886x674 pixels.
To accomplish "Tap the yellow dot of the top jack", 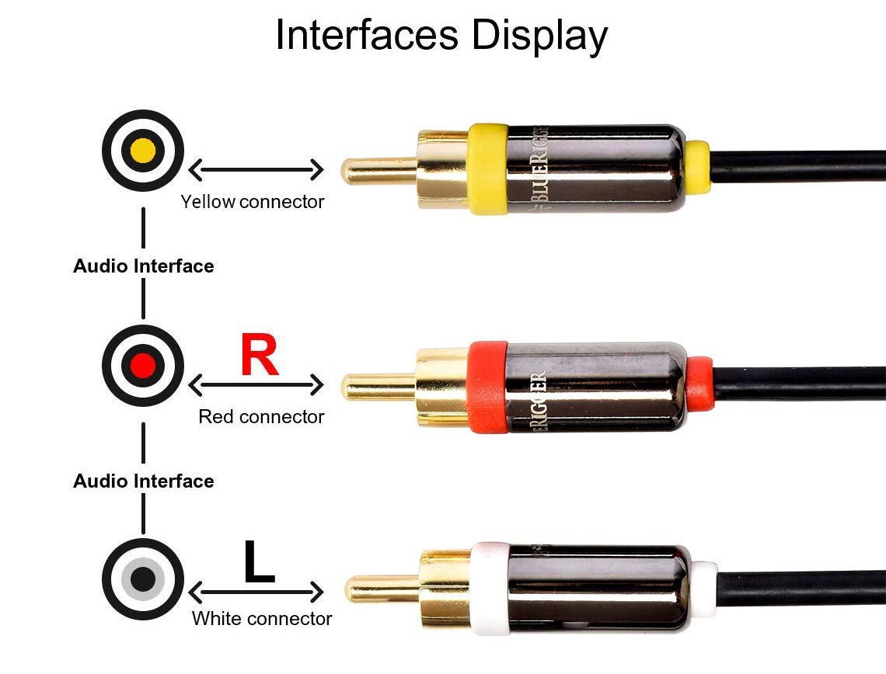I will point(143,150).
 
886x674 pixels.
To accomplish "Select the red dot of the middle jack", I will point(143,364).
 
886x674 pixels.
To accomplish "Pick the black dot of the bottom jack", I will point(143,578).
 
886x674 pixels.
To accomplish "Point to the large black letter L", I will point(259,562).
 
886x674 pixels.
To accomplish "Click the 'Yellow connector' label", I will point(253,202).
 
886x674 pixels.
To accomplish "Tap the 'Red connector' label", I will point(261,417).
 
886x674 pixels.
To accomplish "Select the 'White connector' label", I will point(262,619).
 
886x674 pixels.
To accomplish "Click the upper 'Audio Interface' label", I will point(144,266).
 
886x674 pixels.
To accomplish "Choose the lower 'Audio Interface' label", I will point(144,481).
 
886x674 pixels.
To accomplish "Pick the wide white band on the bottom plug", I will point(490,589).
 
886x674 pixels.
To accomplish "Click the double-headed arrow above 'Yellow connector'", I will point(256,168).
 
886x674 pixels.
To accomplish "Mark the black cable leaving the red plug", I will point(801,383).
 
